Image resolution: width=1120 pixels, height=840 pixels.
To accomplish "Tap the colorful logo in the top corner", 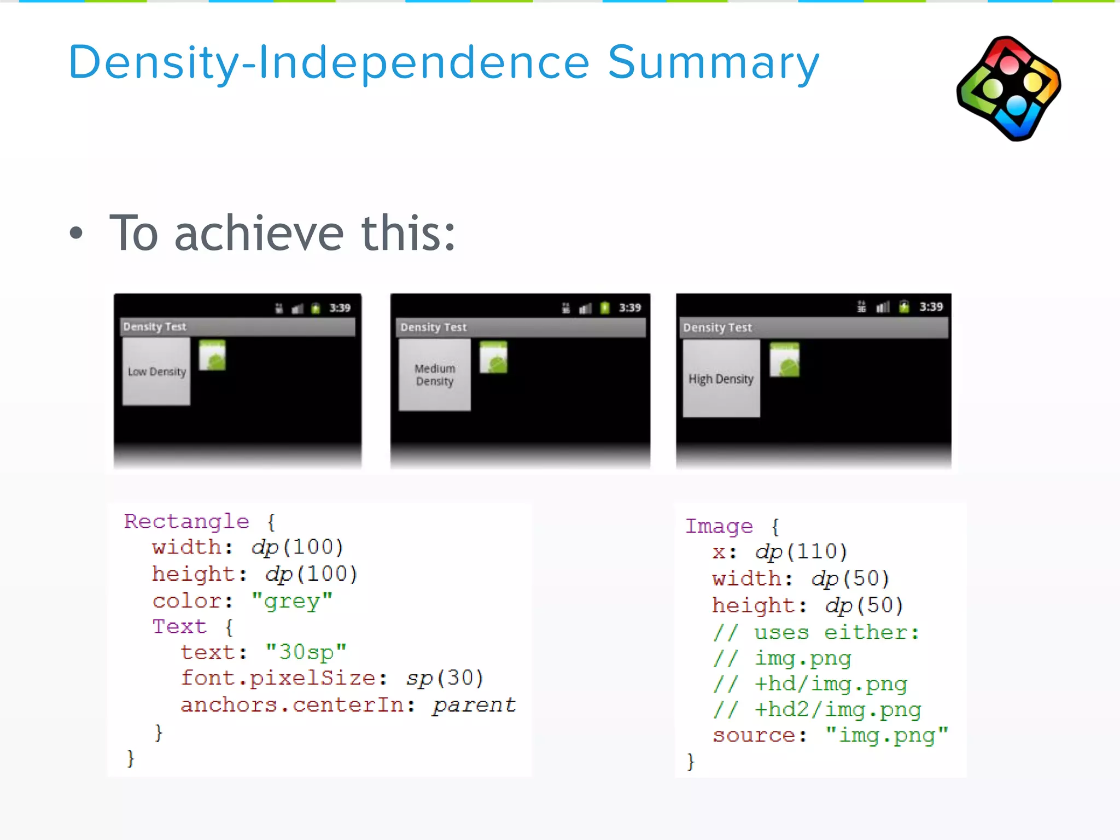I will point(1009,88).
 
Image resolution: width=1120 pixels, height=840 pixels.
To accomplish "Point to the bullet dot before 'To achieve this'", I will point(77,234).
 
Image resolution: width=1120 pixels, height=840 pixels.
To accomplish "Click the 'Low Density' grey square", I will point(156,371).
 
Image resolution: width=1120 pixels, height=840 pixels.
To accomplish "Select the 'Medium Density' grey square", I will point(435,375).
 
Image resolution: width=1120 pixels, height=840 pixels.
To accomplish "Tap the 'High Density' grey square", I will point(721,378).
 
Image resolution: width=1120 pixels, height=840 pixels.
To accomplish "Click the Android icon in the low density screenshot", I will point(212,355).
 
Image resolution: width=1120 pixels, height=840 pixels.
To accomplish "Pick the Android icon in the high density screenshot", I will point(784,360).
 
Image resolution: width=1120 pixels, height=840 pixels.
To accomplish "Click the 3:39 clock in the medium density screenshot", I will point(629,308).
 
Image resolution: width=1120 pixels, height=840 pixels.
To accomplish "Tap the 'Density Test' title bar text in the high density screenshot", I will point(717,328).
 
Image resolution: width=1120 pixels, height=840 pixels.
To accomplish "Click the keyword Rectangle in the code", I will point(186,521).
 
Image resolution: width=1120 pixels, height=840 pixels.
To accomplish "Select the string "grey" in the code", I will point(292,601).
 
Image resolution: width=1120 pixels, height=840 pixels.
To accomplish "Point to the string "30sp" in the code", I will point(306,652).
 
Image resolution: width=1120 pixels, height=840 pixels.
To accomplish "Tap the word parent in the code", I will point(474,705).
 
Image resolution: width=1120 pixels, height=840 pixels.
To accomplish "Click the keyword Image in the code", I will point(719,526).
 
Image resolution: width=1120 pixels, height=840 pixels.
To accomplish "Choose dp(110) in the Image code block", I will point(801,552).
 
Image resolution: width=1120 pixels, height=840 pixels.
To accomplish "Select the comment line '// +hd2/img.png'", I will point(817,710).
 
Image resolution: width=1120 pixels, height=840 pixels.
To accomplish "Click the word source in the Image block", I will point(754,736).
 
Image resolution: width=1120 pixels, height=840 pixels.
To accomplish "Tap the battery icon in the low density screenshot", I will point(316,308).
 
